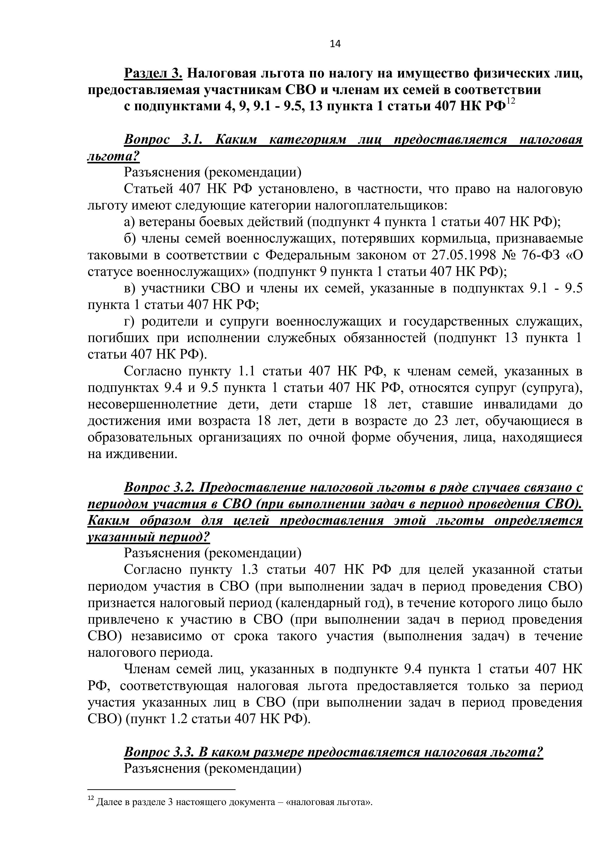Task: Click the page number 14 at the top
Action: pos(335,44)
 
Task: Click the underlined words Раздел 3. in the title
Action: pos(153,73)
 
